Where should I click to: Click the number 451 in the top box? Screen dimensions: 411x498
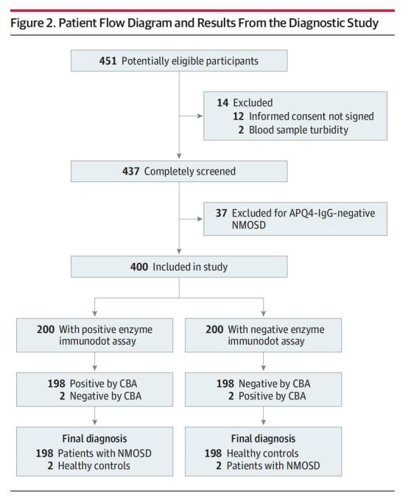(108, 60)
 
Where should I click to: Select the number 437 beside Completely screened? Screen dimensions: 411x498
(130, 171)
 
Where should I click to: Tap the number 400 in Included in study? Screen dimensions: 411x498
(138, 267)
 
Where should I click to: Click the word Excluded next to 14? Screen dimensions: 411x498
(253, 102)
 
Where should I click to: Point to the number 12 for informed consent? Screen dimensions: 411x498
(238, 116)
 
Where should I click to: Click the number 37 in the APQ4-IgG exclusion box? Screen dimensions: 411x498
(222, 213)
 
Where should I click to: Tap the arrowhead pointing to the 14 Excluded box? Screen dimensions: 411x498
(200, 116)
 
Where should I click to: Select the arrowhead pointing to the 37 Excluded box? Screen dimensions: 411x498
(200, 219)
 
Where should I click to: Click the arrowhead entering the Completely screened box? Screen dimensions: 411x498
(179, 156)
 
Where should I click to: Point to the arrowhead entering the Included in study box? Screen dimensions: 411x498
(179, 251)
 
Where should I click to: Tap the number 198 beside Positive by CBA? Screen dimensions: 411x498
(57, 383)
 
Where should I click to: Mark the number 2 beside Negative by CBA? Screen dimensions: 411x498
(63, 396)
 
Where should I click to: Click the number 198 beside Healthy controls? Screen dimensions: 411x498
(213, 453)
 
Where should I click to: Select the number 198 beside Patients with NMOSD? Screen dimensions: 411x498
(44, 453)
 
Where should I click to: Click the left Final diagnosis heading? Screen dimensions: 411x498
(95, 438)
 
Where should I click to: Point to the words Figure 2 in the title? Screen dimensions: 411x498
(32, 23)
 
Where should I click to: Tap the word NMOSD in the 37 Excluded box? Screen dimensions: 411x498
(249, 225)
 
